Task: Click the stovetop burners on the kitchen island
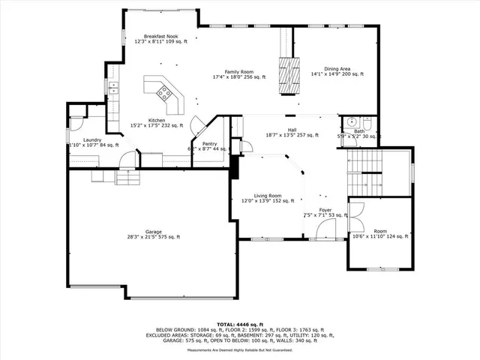pos(163,94)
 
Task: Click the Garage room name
pos(153,232)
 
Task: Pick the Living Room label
pos(267,195)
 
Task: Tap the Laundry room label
pos(93,139)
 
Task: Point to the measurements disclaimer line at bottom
pos(240,350)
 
